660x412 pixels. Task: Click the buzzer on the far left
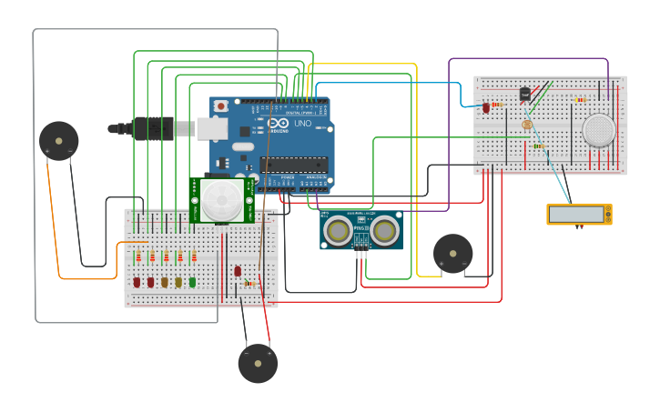(59, 141)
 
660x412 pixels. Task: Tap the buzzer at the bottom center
(258, 363)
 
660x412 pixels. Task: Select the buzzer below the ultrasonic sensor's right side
(452, 253)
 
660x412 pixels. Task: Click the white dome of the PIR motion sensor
(221, 199)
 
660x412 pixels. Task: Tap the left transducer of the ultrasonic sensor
(340, 231)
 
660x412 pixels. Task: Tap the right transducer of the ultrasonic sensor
(384, 231)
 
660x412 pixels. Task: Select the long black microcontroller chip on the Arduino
(293, 165)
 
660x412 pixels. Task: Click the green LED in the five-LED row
(193, 282)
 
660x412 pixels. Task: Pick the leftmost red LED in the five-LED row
(137, 282)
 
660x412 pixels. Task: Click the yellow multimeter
(579, 214)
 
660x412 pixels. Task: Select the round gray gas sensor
(599, 130)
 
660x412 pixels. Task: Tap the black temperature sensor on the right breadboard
(524, 93)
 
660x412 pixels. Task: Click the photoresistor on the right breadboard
(526, 125)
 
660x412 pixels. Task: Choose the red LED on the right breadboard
(486, 107)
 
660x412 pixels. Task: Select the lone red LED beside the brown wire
(238, 271)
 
